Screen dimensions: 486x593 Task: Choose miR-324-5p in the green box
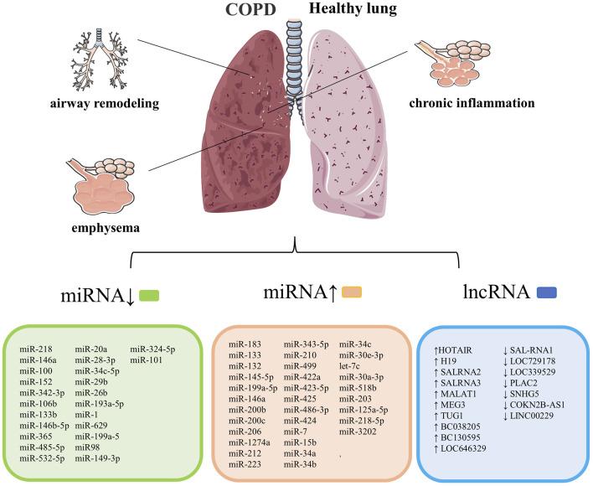click(x=150, y=346)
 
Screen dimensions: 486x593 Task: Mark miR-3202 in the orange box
click(x=357, y=432)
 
